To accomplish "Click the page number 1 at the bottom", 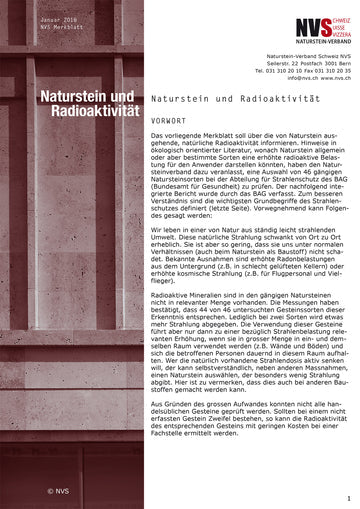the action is [348, 498].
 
